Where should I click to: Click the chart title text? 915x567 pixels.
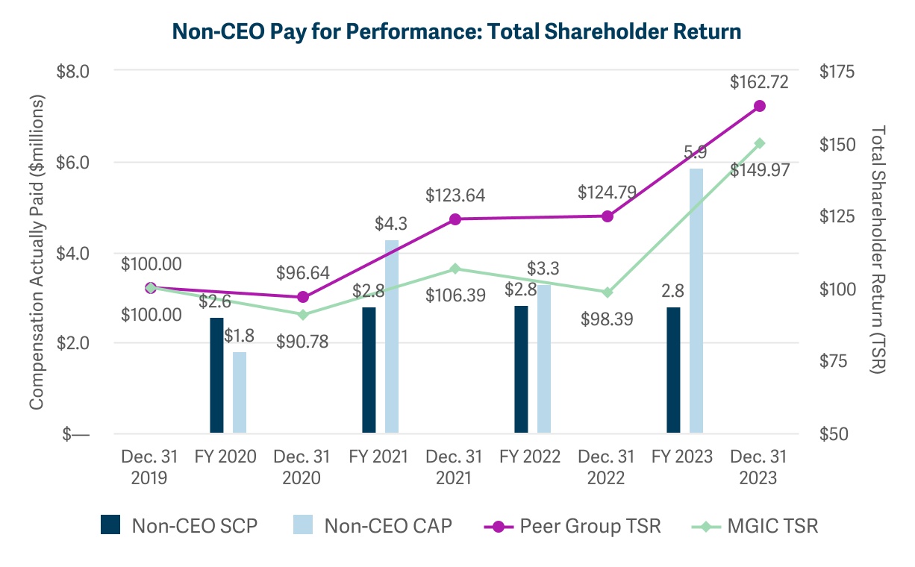click(x=457, y=31)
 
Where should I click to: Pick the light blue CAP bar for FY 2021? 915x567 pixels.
click(x=392, y=336)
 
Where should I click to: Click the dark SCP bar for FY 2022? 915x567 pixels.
click(x=521, y=369)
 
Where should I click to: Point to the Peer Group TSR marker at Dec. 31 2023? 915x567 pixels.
click(x=760, y=106)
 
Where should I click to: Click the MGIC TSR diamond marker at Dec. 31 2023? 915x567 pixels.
click(x=760, y=143)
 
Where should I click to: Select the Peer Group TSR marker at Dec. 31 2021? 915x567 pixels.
click(x=455, y=219)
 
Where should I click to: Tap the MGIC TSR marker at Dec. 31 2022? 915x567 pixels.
click(x=608, y=292)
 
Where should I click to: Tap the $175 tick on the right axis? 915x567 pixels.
click(x=838, y=72)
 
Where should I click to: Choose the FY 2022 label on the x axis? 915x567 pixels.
click(x=529, y=457)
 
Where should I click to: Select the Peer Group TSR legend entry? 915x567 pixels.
click(x=571, y=525)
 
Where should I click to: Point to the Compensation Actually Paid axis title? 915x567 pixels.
click(x=36, y=252)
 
